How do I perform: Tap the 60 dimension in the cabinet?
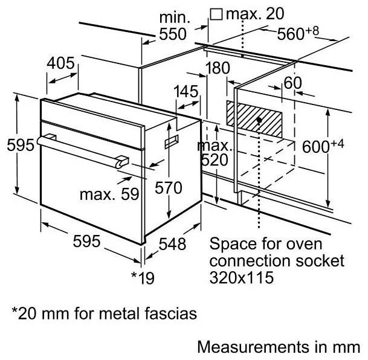(292, 83)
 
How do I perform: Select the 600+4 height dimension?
(327, 147)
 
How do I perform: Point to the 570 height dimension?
(168, 188)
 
